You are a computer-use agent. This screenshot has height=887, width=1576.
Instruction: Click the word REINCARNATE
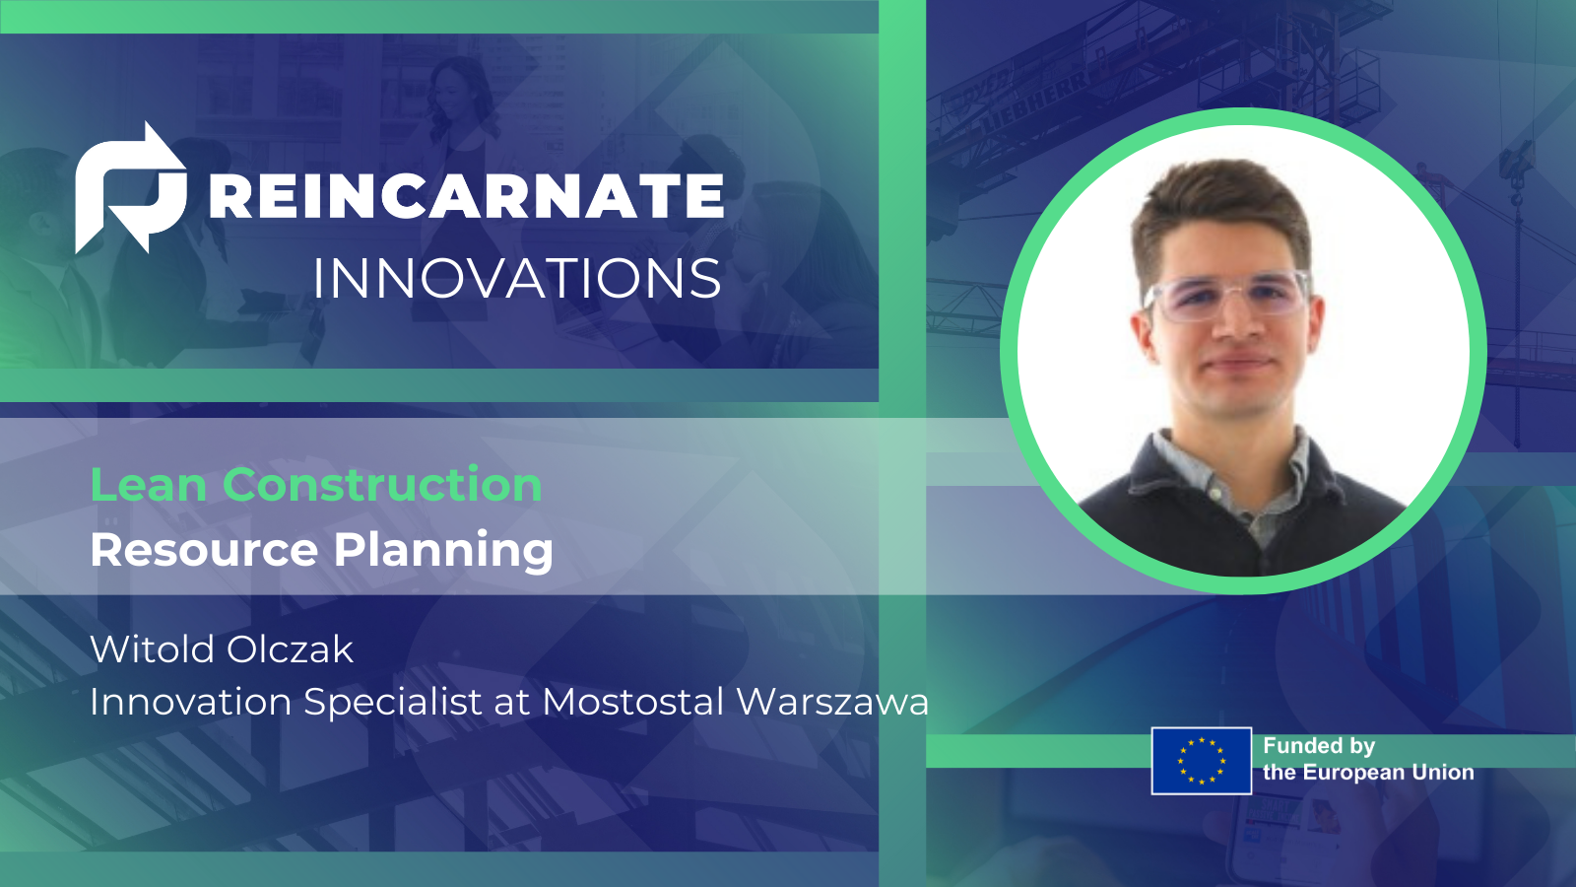466,195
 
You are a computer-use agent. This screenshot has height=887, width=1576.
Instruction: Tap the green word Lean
148,485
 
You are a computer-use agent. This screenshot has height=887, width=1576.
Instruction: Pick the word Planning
443,550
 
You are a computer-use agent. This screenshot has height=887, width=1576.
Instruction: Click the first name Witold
152,649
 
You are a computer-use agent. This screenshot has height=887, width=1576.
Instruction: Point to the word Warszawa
832,702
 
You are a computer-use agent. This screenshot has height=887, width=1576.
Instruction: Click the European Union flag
1201,761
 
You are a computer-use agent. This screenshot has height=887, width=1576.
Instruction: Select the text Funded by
1319,746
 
